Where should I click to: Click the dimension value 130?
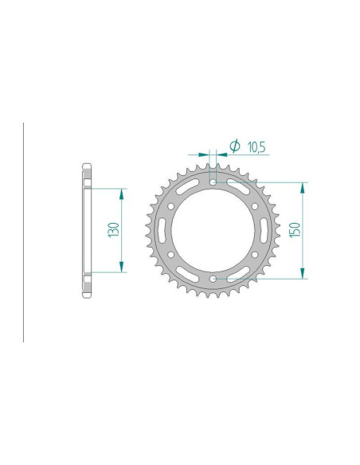[114, 231]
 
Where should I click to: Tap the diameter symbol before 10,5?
[235, 145]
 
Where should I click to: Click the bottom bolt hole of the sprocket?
[214, 278]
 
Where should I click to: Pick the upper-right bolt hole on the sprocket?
[255, 206]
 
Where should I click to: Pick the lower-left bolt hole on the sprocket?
[173, 255]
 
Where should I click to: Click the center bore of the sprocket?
[214, 231]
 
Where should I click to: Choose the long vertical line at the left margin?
[23, 231]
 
